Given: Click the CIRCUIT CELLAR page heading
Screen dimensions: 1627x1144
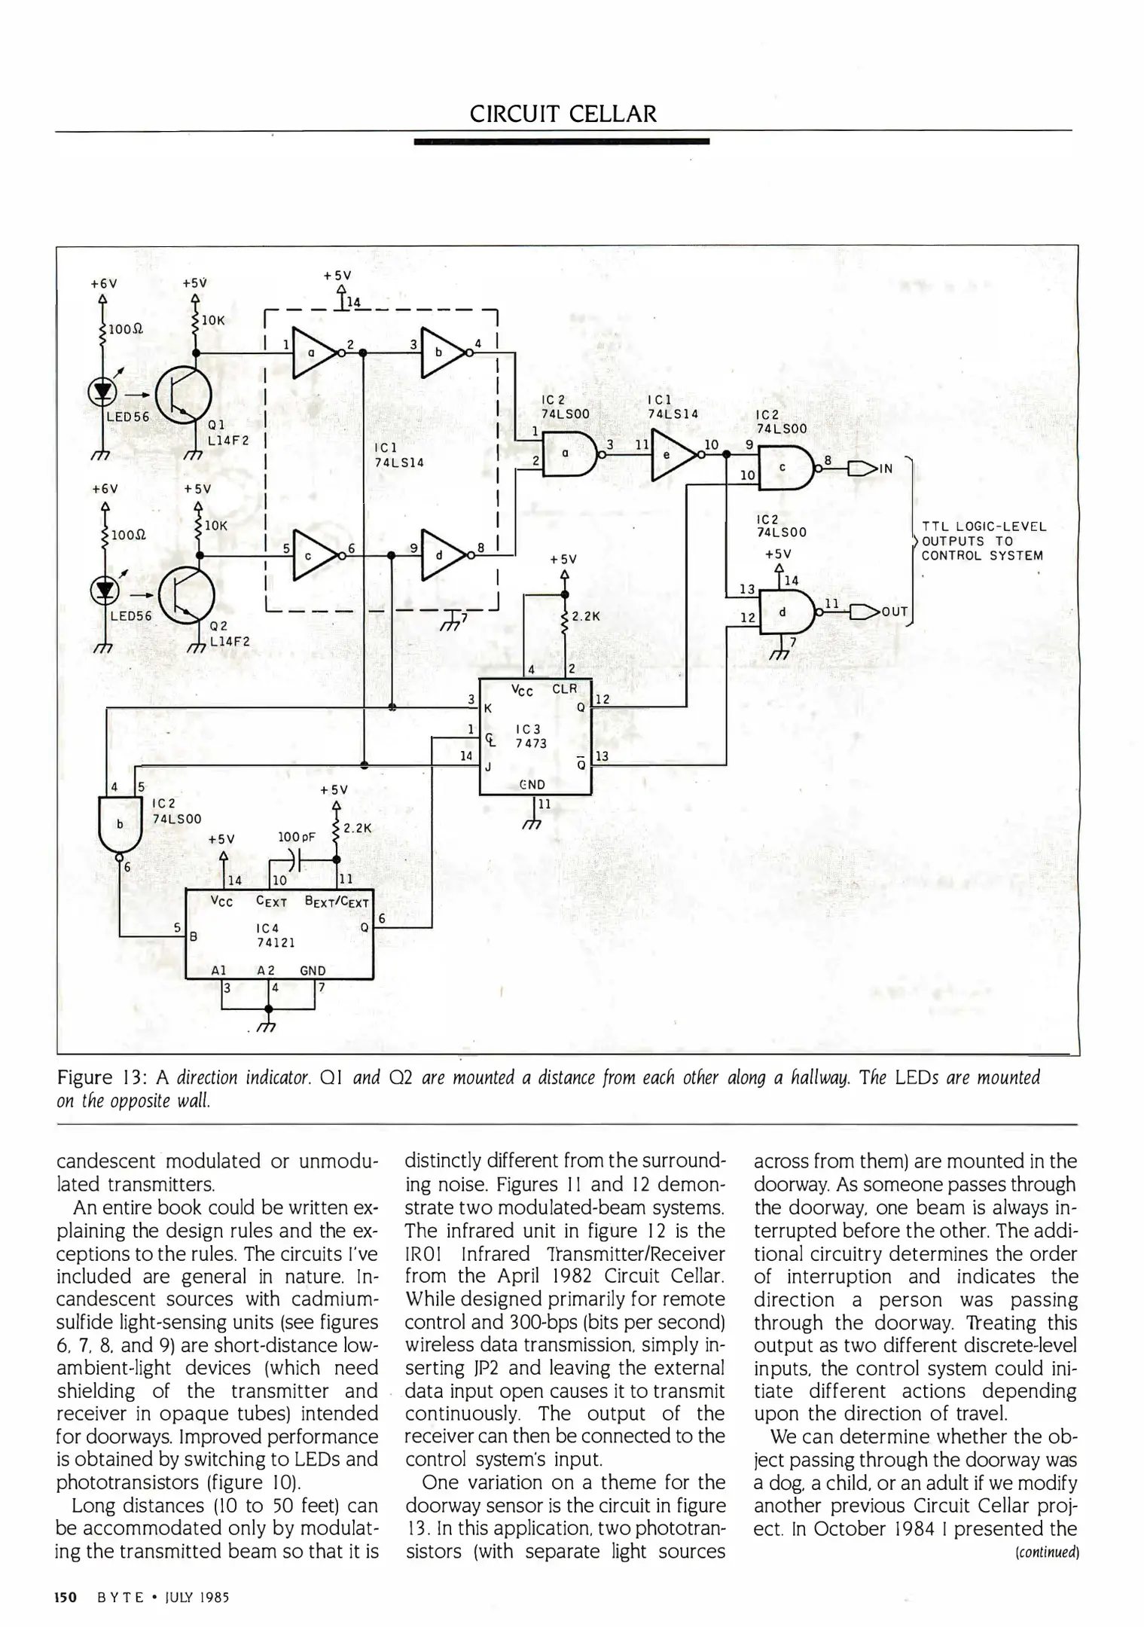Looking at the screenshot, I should [563, 114].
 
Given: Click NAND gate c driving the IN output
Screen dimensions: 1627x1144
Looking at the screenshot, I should [786, 469].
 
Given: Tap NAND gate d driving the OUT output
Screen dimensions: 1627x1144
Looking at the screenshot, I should [786, 610].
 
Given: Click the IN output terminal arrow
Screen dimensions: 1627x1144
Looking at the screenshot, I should [862, 469].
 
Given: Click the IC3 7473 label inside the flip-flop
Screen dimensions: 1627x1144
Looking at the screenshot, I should [529, 736].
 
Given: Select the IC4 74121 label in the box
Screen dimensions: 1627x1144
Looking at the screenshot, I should [273, 935].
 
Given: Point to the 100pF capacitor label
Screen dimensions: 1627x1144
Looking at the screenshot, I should [296, 836].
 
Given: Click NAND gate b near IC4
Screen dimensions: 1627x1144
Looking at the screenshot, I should [119, 824].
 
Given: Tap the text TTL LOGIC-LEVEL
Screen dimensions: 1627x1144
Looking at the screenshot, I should [984, 527].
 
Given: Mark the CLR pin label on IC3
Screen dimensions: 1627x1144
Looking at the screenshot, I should [564, 688].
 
